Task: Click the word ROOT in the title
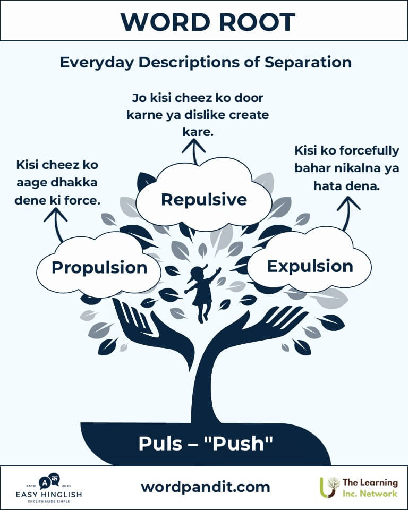tap(257, 22)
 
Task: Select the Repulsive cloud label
tap(204, 199)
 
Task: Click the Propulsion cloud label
tap(99, 268)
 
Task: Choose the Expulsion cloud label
tap(310, 266)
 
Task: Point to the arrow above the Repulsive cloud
tap(194, 151)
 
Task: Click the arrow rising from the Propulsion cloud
tap(57, 224)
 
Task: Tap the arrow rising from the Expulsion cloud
tap(347, 213)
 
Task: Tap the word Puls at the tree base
tap(160, 443)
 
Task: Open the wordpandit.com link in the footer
tap(205, 487)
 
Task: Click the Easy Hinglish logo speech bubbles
tap(49, 481)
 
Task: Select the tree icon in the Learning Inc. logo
tap(329, 487)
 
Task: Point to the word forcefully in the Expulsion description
tap(369, 151)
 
